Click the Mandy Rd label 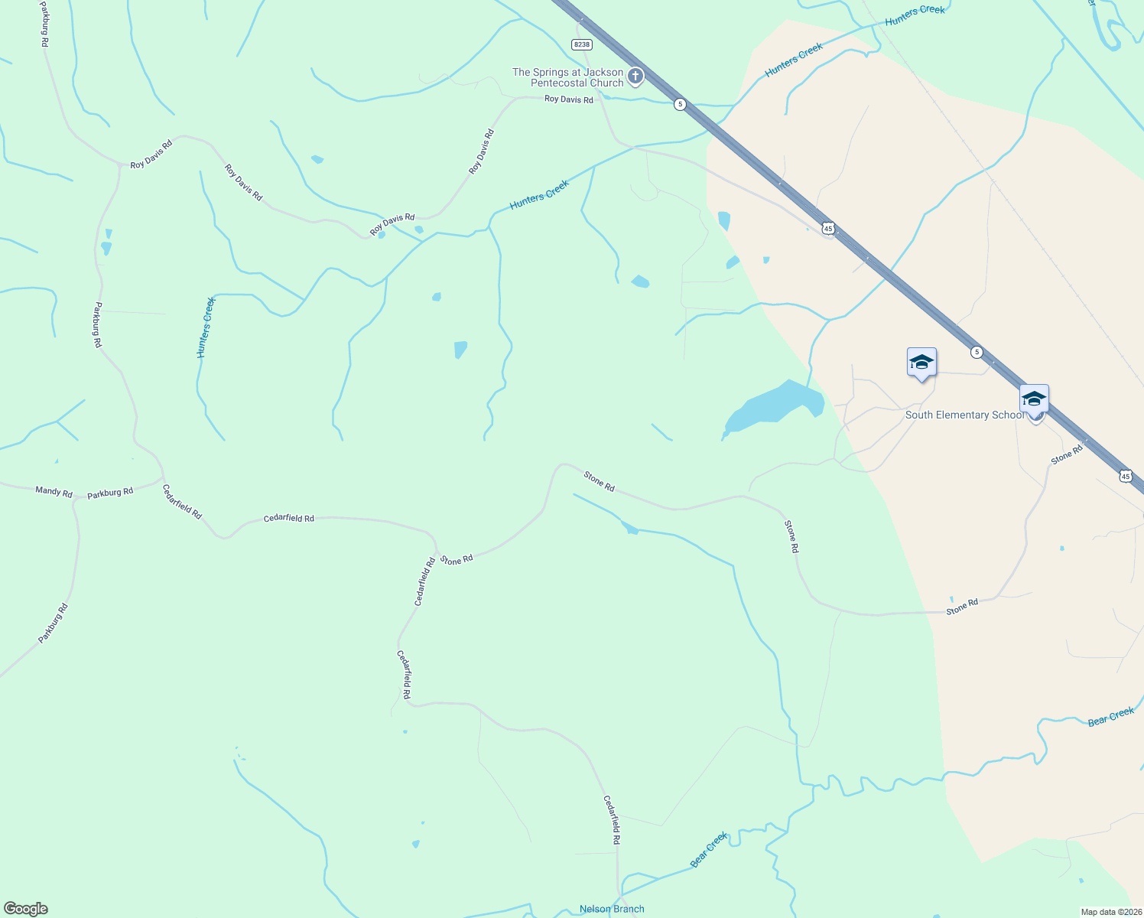54,491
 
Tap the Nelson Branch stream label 612,909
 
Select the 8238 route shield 582,44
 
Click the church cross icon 635,76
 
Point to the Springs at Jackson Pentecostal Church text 568,77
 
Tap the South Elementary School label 964,415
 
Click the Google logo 26,909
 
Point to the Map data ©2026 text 1110,912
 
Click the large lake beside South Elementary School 776,405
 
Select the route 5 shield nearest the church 680,104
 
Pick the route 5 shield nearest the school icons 977,352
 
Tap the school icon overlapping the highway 1034,400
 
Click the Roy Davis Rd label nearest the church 568,99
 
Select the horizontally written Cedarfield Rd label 288,518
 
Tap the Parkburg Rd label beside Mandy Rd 110,493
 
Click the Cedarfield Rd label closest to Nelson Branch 613,819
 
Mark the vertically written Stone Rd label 791,536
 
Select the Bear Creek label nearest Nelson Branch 709,849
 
